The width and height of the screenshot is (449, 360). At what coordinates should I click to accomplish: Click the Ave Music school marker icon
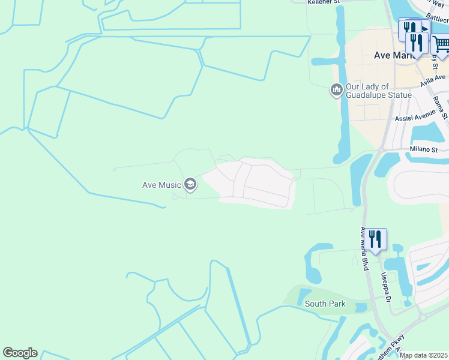click(190, 184)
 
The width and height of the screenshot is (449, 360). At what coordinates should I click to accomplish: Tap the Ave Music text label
click(161, 185)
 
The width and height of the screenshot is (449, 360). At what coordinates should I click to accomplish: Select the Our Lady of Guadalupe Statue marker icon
click(336, 91)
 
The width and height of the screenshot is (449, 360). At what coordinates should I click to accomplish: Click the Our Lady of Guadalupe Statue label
click(378, 91)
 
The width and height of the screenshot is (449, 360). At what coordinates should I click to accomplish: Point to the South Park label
click(325, 304)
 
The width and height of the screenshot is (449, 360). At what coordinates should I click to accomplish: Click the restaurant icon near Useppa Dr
click(376, 239)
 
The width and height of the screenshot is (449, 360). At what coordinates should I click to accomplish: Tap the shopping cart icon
click(441, 45)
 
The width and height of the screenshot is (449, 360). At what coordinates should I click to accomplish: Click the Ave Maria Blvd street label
click(363, 248)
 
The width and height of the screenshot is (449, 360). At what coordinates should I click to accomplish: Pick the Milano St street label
click(424, 149)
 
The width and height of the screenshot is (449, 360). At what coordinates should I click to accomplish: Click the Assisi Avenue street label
click(414, 118)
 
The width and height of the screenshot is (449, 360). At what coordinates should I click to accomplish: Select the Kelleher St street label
click(324, 2)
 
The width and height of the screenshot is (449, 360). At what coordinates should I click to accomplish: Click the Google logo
click(20, 353)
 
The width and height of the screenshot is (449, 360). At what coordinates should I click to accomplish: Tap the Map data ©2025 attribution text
click(423, 356)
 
